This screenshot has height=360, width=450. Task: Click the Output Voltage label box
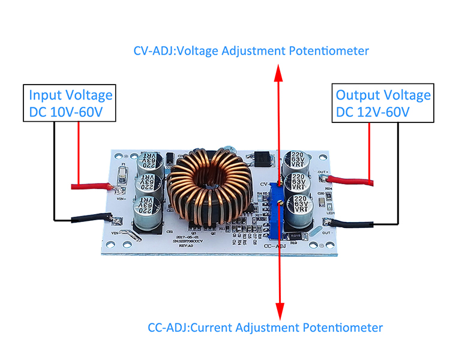click(x=383, y=103)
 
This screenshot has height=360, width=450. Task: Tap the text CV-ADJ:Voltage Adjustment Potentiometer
click(x=251, y=50)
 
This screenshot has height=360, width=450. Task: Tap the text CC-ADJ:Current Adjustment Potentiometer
click(x=265, y=328)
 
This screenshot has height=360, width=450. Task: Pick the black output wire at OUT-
click(x=354, y=224)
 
